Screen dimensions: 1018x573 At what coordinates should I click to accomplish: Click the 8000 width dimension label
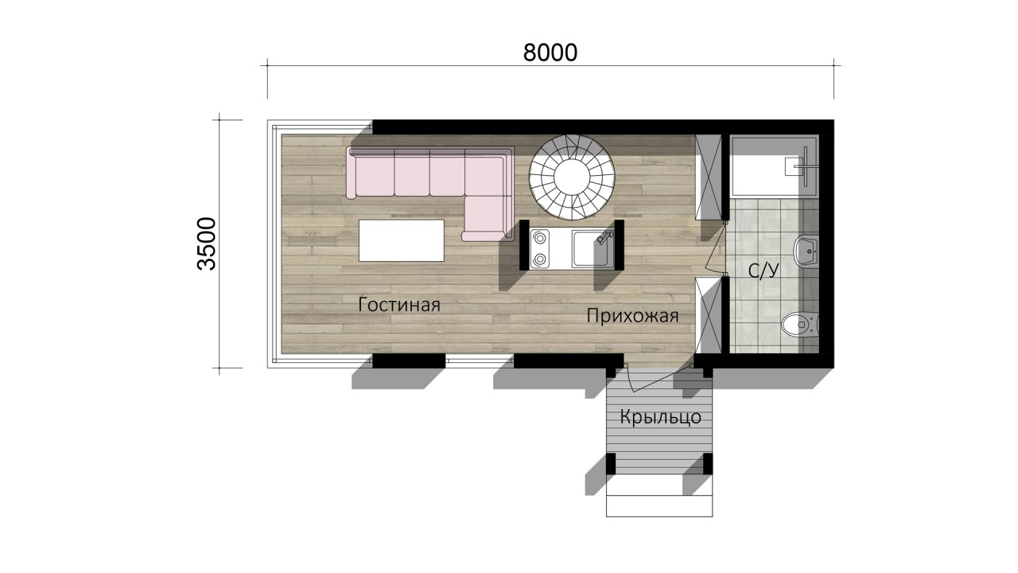click(x=550, y=53)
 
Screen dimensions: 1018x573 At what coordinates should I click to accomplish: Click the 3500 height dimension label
click(x=207, y=244)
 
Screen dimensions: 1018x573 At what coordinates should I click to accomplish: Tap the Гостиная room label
click(x=399, y=304)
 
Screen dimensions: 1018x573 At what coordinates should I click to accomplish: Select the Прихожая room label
click(x=632, y=316)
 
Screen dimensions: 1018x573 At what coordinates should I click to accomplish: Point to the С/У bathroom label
click(x=763, y=271)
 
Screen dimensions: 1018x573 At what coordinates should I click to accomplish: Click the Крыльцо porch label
click(x=660, y=418)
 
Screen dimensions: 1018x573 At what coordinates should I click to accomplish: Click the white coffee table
click(x=402, y=240)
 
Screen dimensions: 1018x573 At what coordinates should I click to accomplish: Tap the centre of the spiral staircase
click(x=572, y=177)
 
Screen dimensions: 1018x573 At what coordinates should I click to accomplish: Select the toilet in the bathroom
click(x=800, y=325)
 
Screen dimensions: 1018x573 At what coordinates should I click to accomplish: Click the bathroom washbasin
click(x=806, y=251)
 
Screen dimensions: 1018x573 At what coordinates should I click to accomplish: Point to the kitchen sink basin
click(x=591, y=249)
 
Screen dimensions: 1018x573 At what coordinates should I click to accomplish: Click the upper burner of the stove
click(x=540, y=238)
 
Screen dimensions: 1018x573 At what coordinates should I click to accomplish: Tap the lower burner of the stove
click(x=540, y=259)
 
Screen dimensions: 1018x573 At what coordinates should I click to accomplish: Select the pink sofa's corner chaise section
click(x=488, y=217)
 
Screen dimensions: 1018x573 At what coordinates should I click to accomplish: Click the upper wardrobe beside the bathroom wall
click(x=709, y=177)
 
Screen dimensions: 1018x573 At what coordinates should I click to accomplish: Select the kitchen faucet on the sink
click(x=604, y=237)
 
